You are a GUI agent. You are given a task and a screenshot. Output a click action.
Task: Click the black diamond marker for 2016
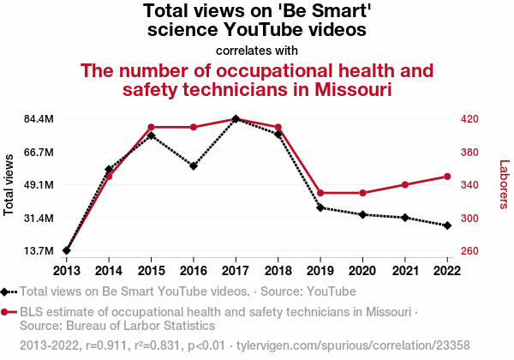pyautogui.click(x=194, y=165)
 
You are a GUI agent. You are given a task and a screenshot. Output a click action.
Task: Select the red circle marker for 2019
pyautogui.click(x=320, y=193)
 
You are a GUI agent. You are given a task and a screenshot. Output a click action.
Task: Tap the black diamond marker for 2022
pyautogui.click(x=447, y=225)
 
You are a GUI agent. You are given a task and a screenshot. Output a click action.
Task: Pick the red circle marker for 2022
pyautogui.click(x=447, y=177)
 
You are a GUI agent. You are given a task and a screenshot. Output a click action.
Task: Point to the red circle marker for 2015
pyautogui.click(x=151, y=127)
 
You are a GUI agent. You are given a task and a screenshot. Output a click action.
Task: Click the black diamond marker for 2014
pyautogui.click(x=109, y=170)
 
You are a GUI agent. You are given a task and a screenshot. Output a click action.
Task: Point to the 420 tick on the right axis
pyautogui.click(x=475, y=119)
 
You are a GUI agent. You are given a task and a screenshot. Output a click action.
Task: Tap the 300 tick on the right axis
pyautogui.click(x=475, y=219)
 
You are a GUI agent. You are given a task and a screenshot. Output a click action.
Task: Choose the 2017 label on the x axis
pyautogui.click(x=236, y=269)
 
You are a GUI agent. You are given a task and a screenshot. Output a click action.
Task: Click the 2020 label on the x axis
pyautogui.click(x=362, y=269)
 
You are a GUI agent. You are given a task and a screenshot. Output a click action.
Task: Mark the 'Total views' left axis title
pyautogui.click(x=9, y=185)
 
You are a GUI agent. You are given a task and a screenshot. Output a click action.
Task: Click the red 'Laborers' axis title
pyautogui.click(x=504, y=185)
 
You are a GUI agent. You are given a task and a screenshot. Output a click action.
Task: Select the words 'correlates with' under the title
pyautogui.click(x=256, y=50)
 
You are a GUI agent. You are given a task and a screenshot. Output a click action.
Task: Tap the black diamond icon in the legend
pyautogui.click(x=8, y=291)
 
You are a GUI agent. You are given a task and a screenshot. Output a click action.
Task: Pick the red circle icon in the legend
pyautogui.click(x=8, y=312)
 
